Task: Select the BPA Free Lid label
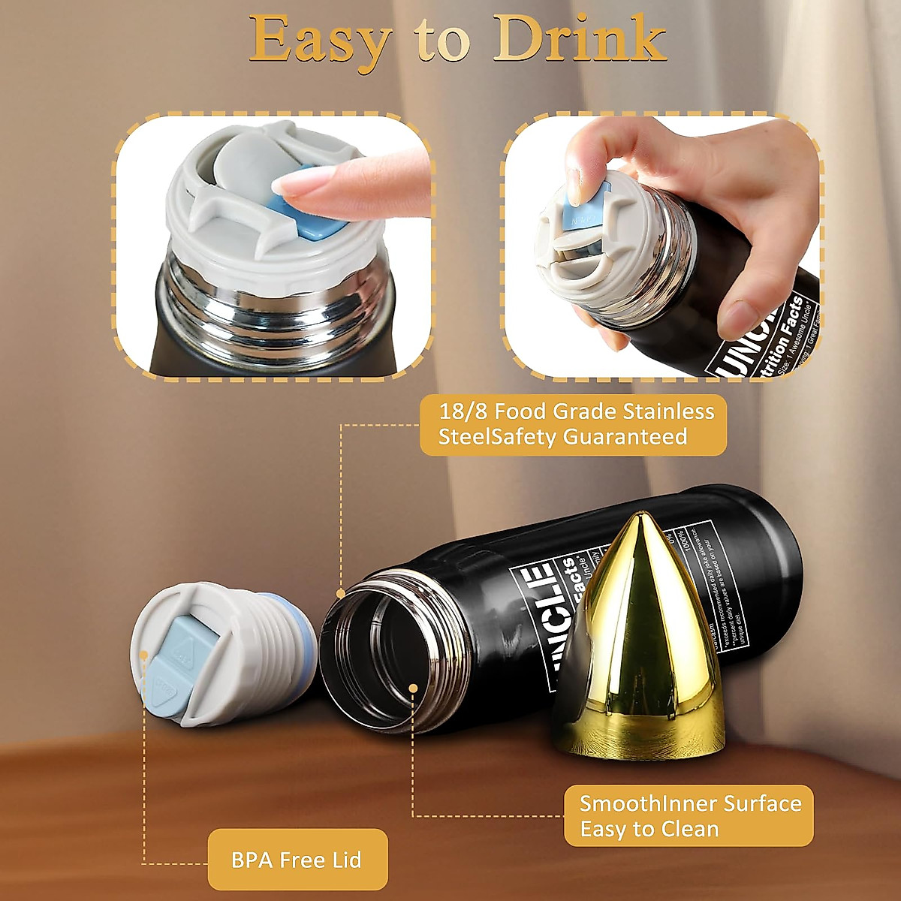[x=297, y=859]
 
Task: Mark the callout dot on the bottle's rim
[x=341, y=594]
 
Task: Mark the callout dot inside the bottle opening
[x=413, y=686]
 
